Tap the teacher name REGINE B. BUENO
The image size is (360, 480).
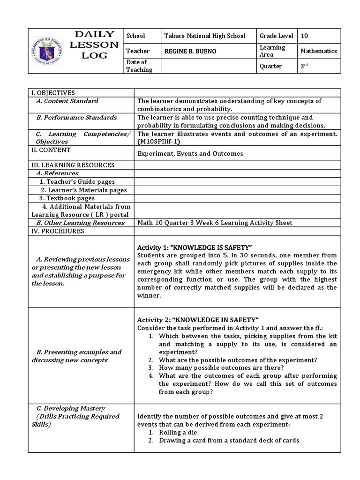pos(190,51)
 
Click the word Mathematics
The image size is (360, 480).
pos(319,51)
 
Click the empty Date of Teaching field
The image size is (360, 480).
pos(208,66)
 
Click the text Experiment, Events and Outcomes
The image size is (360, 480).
pos(190,153)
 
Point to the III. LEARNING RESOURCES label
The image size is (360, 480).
pos(73,165)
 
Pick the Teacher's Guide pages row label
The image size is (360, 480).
pos(77,181)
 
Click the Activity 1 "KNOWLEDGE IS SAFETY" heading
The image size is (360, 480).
pos(195,247)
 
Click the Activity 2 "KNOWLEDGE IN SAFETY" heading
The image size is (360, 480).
pos(198,319)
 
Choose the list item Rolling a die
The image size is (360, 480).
pos(178,432)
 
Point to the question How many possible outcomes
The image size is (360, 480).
pos(221,368)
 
